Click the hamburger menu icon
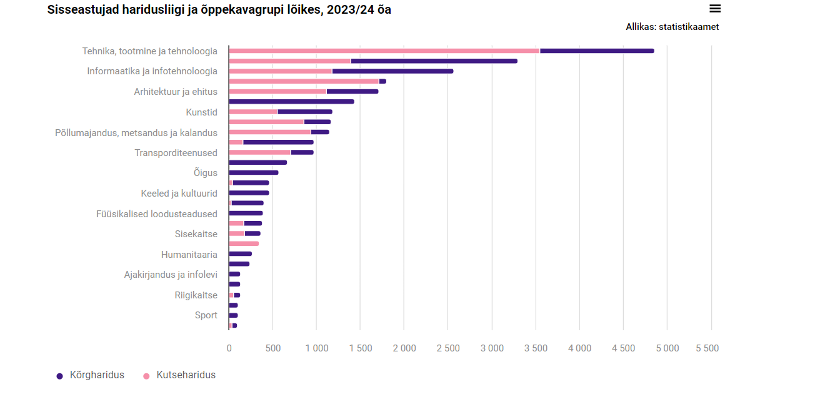[x=715, y=9]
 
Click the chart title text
[x=219, y=10]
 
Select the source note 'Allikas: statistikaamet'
[x=672, y=27]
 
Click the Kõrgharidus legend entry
[x=96, y=375]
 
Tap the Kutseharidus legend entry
[x=186, y=375]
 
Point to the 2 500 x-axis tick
[x=447, y=348]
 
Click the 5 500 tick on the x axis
[x=707, y=348]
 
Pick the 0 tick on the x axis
[x=229, y=348]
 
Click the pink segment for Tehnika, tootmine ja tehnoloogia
[x=384, y=51]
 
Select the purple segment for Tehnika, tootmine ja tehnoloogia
[x=597, y=51]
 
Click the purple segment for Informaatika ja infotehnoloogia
[x=392, y=71]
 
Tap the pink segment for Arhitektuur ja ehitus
[x=277, y=91]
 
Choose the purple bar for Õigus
[x=254, y=172]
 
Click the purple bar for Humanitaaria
[x=241, y=253]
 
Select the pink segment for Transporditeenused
[x=259, y=152]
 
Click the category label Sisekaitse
[x=196, y=234]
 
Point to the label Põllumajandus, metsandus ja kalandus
[x=136, y=132]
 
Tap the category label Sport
[x=206, y=315]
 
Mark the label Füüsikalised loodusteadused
[x=157, y=213]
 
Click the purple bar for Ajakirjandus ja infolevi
[x=235, y=274]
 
